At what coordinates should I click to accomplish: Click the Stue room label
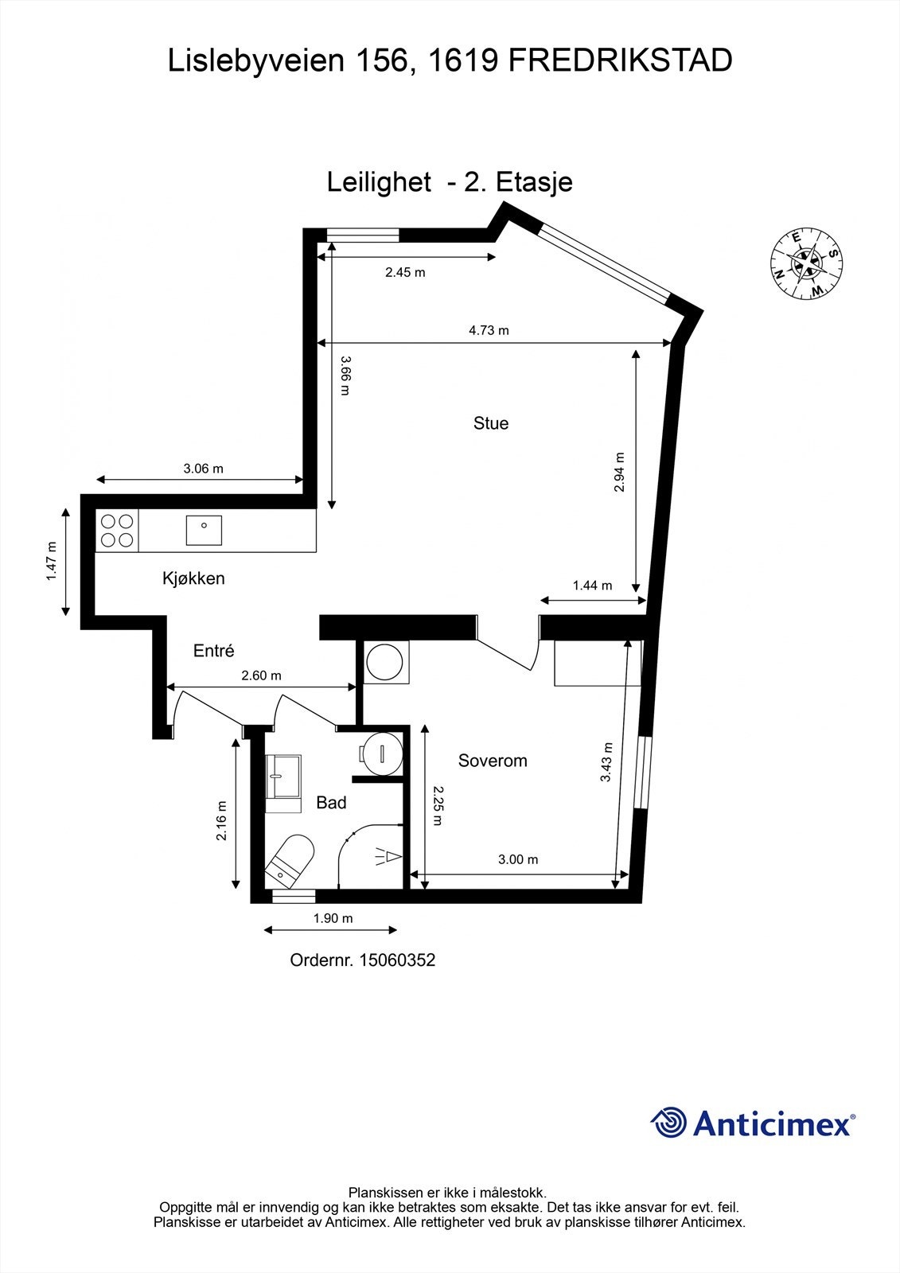(x=490, y=423)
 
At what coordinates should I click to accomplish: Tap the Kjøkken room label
(x=193, y=578)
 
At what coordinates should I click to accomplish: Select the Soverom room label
(x=493, y=761)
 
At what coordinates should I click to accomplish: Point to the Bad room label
(x=331, y=803)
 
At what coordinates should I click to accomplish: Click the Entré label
(x=214, y=651)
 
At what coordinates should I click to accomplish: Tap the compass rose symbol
(x=807, y=264)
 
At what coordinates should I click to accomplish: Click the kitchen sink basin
(x=204, y=530)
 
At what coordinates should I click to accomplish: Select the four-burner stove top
(x=117, y=531)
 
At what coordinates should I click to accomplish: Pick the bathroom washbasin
(x=283, y=777)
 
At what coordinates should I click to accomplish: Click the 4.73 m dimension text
(x=489, y=330)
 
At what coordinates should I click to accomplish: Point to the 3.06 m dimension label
(x=203, y=469)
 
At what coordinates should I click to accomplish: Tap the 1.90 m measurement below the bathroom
(x=333, y=918)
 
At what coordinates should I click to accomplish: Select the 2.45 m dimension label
(x=405, y=272)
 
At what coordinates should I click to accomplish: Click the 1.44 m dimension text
(x=592, y=586)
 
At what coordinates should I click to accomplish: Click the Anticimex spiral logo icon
(x=668, y=1123)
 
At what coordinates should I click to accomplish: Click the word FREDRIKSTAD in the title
(x=620, y=60)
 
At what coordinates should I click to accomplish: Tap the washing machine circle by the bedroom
(x=385, y=662)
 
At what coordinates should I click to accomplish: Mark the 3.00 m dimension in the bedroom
(x=518, y=859)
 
